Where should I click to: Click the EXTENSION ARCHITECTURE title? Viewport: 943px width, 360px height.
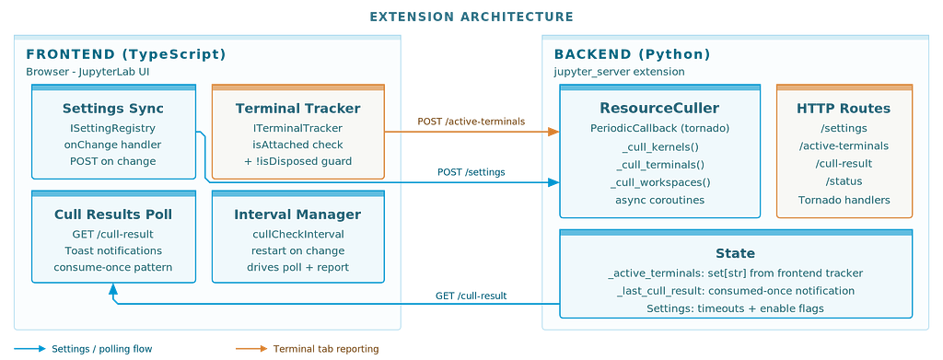pos(471,17)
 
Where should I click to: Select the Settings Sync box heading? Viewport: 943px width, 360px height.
pos(113,109)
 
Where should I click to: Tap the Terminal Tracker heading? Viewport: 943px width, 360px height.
pos(297,109)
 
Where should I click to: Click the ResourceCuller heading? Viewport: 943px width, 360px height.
pos(659,108)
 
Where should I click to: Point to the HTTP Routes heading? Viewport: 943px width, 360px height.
pos(844,109)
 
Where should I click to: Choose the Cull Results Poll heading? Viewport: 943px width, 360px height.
pos(113,215)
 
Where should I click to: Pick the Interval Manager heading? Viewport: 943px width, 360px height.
pos(297,215)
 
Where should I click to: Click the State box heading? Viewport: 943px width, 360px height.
pos(736,253)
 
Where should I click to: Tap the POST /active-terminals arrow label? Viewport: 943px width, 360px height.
pos(471,122)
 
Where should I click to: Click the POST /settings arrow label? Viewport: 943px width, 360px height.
pos(471,172)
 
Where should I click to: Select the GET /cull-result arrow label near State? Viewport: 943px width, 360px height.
pos(471,296)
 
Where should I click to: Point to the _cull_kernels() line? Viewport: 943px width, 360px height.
pos(659,147)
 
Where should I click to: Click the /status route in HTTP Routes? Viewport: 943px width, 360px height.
pos(844,181)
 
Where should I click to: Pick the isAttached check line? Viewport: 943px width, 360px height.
pos(297,145)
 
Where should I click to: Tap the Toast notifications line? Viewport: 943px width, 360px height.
pos(113,250)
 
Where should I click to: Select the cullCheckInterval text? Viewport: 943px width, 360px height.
pos(297,235)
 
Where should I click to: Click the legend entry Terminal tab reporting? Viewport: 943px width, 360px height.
pos(326,349)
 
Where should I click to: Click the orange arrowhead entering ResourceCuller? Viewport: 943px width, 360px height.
pos(553,132)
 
